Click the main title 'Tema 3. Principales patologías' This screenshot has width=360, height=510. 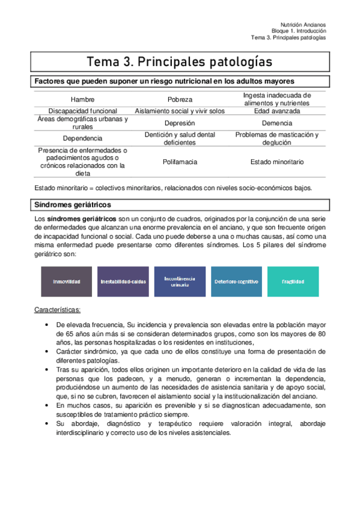click(x=179, y=62)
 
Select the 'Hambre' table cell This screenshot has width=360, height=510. click(x=83, y=99)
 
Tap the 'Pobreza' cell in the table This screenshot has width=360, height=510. click(x=180, y=99)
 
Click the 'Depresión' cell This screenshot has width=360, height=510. click(x=180, y=123)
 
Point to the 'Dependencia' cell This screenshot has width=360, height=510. click(x=83, y=139)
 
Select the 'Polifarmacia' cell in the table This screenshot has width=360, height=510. click(x=180, y=162)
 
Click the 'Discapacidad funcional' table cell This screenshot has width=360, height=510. click(x=83, y=111)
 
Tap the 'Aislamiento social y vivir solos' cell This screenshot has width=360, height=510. click(x=180, y=111)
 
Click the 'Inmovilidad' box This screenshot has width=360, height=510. click(x=66, y=281)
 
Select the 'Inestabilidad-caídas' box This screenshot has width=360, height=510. click(x=123, y=281)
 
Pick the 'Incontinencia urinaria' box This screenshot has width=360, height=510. click(x=179, y=281)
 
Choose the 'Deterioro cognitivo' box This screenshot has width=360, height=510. click(x=236, y=281)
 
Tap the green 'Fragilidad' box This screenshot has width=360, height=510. click(x=293, y=281)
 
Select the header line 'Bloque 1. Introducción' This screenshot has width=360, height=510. click(x=299, y=29)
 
